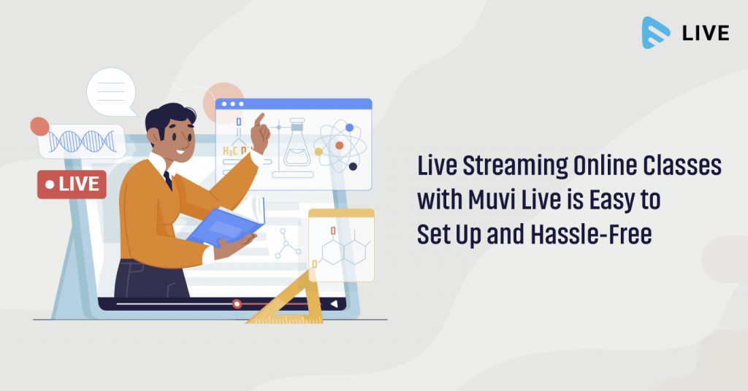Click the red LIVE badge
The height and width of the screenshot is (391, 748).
[x=72, y=185]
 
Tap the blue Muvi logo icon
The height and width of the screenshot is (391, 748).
[x=656, y=33]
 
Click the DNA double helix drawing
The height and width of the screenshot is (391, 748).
[x=81, y=141]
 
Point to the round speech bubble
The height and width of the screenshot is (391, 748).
[x=111, y=91]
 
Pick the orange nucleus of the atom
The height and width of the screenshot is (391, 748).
[x=339, y=146]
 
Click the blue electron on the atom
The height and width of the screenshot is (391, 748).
[x=349, y=128]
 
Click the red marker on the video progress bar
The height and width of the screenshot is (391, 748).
[x=237, y=303]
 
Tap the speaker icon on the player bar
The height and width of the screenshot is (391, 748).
[x=334, y=303]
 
